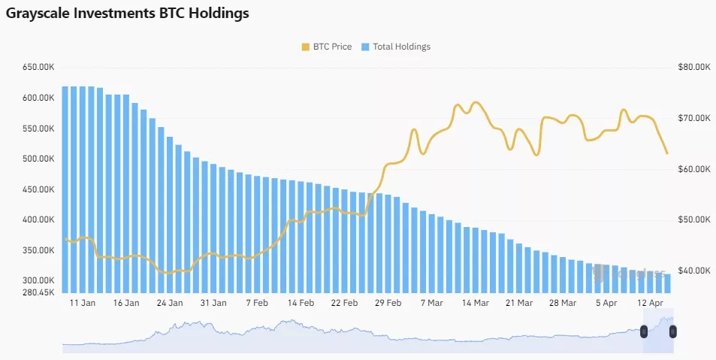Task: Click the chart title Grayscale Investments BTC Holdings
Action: (x=127, y=14)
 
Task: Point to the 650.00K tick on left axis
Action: (x=39, y=68)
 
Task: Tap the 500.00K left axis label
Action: (x=39, y=159)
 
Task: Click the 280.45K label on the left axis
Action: (x=39, y=292)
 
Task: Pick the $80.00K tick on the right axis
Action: (x=693, y=68)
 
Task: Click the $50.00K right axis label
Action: (x=693, y=220)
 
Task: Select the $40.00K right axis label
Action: (x=693, y=271)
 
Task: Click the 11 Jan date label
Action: (x=82, y=303)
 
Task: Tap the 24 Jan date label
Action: (x=170, y=303)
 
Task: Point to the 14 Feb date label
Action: (x=301, y=303)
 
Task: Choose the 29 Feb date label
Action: (x=388, y=303)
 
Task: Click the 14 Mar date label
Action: (x=475, y=303)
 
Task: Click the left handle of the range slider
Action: (x=644, y=331)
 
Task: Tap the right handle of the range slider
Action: (x=672, y=331)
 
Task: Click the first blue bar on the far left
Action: (x=65, y=188)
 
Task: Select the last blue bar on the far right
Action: (x=667, y=283)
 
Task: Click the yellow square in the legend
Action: (x=305, y=47)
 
